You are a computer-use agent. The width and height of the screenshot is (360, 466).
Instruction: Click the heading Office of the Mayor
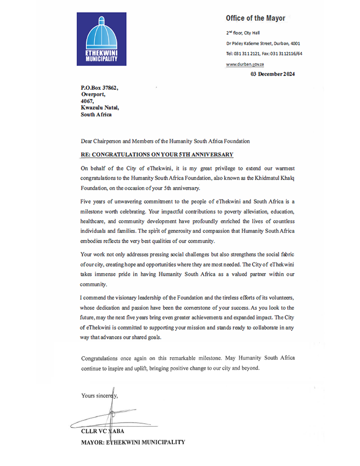255,18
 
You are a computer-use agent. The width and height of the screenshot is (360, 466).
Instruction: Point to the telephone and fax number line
264,54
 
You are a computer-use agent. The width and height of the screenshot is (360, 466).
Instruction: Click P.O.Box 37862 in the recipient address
99,88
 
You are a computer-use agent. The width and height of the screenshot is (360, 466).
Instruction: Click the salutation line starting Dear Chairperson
165,141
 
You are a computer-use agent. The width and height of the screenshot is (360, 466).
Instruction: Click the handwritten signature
112,415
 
